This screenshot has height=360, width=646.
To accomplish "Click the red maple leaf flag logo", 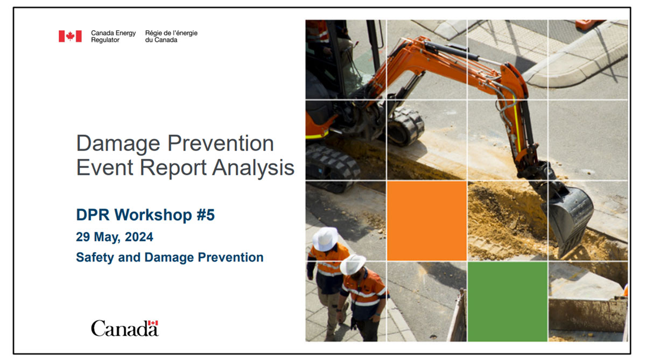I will pyautogui.click(x=70, y=36).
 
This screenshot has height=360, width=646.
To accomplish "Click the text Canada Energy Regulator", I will pyautogui.click(x=113, y=36).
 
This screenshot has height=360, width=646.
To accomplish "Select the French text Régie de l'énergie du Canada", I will pyautogui.click(x=171, y=36).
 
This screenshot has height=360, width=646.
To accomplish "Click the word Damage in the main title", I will pyautogui.click(x=117, y=144).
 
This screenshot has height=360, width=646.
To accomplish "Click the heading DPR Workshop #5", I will pyautogui.click(x=145, y=215).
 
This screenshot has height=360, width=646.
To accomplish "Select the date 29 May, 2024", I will pyautogui.click(x=114, y=237).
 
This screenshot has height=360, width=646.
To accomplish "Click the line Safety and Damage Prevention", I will pyautogui.click(x=170, y=257).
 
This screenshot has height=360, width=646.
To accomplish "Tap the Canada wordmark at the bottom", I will pyautogui.click(x=124, y=328).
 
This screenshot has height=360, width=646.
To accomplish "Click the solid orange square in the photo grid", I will pyautogui.click(x=426, y=221).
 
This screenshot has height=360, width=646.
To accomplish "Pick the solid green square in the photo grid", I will pyautogui.click(x=507, y=301).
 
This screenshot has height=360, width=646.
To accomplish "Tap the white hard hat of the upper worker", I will pyautogui.click(x=325, y=238).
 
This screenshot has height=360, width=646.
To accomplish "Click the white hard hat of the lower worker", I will pyautogui.click(x=353, y=264).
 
